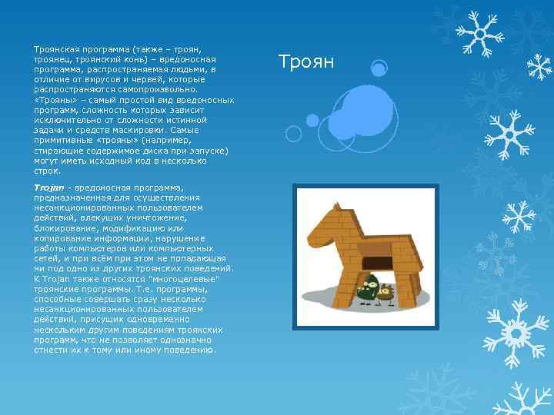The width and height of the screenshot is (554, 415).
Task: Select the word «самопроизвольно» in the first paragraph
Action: pyautogui.click(x=153, y=90)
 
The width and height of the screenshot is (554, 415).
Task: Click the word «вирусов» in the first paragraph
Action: pyautogui.click(x=97, y=79)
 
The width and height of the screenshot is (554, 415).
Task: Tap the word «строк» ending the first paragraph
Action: pyautogui.click(x=45, y=170)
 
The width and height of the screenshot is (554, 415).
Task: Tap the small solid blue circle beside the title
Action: pyautogui.click(x=378, y=69)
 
